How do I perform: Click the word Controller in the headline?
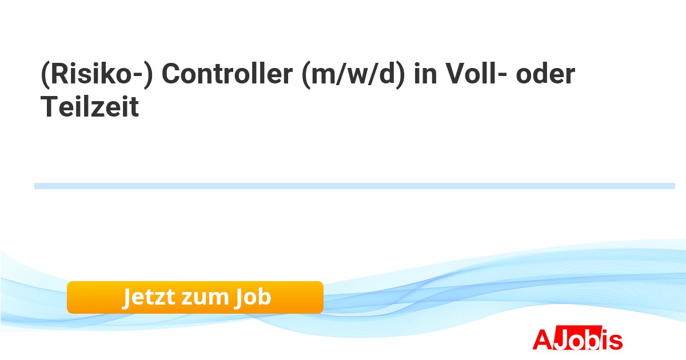pyautogui.click(x=228, y=74)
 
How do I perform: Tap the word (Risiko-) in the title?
pyautogui.click(x=97, y=75)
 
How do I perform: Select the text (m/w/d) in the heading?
pyautogui.click(x=353, y=75)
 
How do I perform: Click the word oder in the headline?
pyautogui.click(x=545, y=74)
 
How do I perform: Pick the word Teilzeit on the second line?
pyautogui.click(x=90, y=106)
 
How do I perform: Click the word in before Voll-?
pyautogui.click(x=425, y=74)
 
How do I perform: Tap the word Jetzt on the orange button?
pyautogui.click(x=149, y=297)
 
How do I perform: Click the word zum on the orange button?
pyautogui.click(x=205, y=298)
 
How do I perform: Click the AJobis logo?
pyautogui.click(x=577, y=338)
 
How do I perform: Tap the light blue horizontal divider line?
pyautogui.click(x=354, y=186)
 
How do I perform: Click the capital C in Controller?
pyautogui.click(x=172, y=74)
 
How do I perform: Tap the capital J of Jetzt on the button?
pyautogui.click(x=127, y=298)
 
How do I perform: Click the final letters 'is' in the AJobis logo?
pyautogui.click(x=611, y=339)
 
